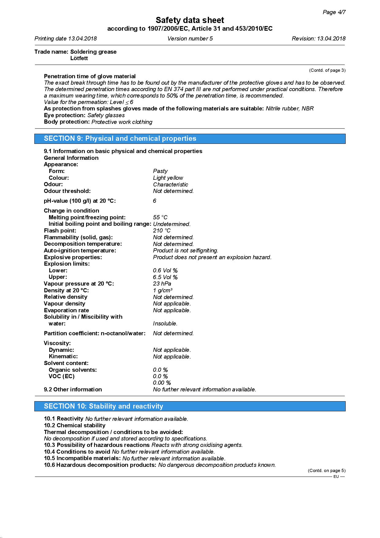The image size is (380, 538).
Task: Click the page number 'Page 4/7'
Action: click(x=334, y=12)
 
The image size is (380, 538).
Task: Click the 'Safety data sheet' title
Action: click(x=190, y=20)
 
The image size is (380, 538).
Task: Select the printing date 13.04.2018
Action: click(x=82, y=39)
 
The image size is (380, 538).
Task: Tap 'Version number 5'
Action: click(x=190, y=39)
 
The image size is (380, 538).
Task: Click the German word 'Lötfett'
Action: click(x=79, y=58)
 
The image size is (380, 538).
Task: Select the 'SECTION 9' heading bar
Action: click(x=190, y=139)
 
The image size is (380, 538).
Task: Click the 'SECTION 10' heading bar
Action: click(x=190, y=406)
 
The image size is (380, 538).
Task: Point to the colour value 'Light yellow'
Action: click(x=168, y=178)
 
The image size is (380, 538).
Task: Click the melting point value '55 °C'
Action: click(x=160, y=217)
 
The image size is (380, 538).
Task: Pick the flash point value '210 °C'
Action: click(x=162, y=231)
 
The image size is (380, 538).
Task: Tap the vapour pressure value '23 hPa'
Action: click(x=162, y=284)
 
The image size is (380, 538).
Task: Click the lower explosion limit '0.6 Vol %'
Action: click(x=165, y=271)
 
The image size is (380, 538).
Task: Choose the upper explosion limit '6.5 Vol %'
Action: click(x=165, y=277)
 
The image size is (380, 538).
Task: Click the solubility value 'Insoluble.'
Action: click(x=165, y=324)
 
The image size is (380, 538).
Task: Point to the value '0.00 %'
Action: click(x=162, y=383)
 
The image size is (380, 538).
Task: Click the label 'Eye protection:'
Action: click(x=65, y=115)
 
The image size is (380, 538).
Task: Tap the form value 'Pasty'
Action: click(x=160, y=171)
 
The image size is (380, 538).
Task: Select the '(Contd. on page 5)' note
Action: click(x=326, y=471)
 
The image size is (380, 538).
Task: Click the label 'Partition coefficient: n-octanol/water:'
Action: click(x=95, y=333)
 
